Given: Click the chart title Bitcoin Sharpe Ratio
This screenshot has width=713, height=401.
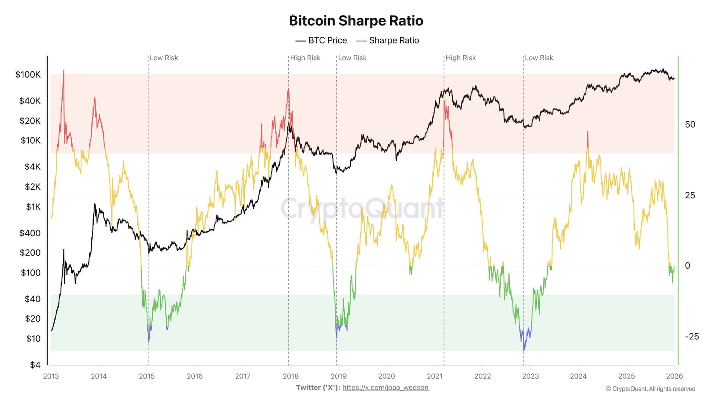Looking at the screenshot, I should tap(356, 21).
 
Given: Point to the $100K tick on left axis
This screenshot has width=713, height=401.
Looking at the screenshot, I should tap(28, 75).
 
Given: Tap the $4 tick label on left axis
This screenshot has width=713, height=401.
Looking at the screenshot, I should tap(35, 365).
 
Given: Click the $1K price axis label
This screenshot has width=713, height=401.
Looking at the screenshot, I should tap(33, 207).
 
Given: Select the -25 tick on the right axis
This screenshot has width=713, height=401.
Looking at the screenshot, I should tap(691, 337).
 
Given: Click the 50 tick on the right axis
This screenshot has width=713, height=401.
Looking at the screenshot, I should tap(690, 125).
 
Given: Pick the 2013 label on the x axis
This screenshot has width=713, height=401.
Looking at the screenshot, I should tap(51, 376).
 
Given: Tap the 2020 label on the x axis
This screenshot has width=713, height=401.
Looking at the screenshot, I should tap(386, 376).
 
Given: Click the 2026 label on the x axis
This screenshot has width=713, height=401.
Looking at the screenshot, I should tap(674, 376).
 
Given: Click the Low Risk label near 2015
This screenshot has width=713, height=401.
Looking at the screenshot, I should tap(164, 58).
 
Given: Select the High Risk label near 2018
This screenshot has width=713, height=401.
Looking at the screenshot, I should tap(305, 58).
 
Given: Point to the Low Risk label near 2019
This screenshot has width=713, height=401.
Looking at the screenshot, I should tap(352, 58).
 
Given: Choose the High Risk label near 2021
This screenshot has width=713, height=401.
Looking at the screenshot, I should tap(460, 58).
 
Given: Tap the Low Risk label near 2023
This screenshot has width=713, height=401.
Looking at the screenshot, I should tap(539, 58).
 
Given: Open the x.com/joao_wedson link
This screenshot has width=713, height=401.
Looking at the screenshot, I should tap(385, 388).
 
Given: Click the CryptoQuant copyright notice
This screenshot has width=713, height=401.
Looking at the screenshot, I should tap(651, 389).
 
